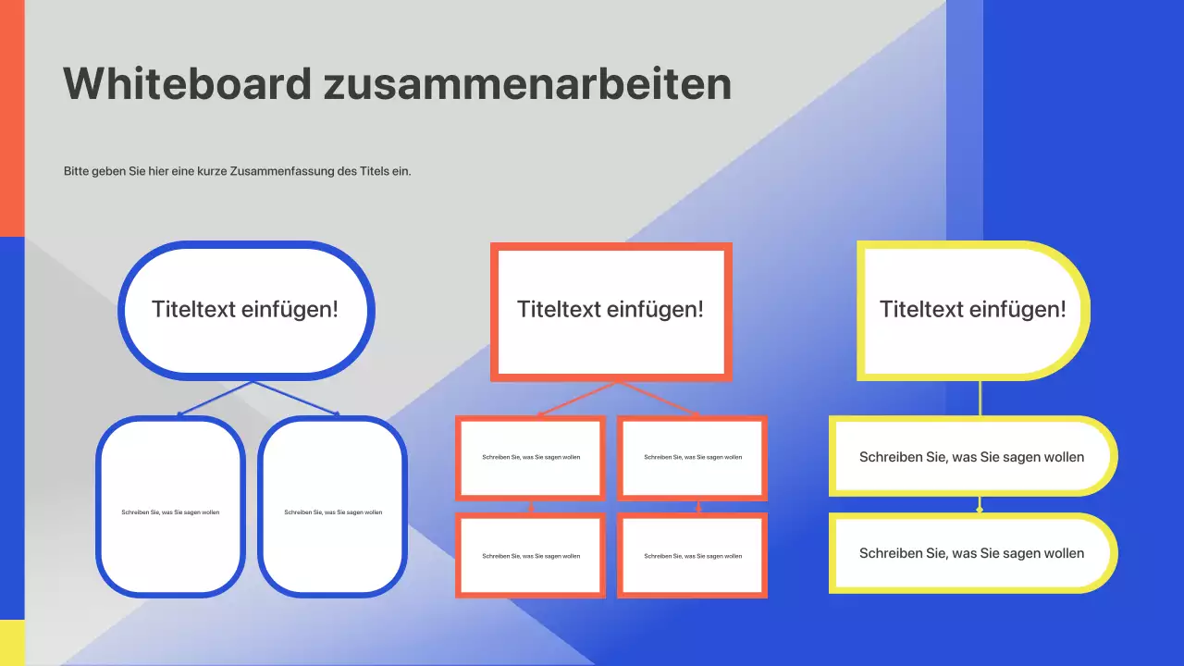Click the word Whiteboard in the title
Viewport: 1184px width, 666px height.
tap(187, 84)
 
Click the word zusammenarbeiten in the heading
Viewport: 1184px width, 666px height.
tap(527, 84)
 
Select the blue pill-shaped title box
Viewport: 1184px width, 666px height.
tap(246, 310)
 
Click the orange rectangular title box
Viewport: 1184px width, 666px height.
tap(610, 311)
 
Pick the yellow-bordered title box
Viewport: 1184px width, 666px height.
tap(972, 311)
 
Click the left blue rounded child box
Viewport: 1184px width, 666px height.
tap(170, 506)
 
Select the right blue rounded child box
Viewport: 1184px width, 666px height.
tap(332, 506)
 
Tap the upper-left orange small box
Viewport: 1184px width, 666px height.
tap(530, 457)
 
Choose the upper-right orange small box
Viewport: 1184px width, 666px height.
tap(692, 457)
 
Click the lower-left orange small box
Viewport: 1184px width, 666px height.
tap(530, 555)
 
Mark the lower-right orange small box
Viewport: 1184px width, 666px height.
tap(692, 555)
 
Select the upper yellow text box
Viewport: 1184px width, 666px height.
tap(971, 457)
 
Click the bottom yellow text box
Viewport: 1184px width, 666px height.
tap(971, 553)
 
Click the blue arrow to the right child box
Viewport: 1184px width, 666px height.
tap(296, 399)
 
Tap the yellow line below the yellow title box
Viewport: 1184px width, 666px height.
tap(980, 398)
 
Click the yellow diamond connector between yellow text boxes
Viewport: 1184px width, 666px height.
tap(980, 508)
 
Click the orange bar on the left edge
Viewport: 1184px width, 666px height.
tap(12, 118)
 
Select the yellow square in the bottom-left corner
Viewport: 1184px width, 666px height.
tap(12, 643)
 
